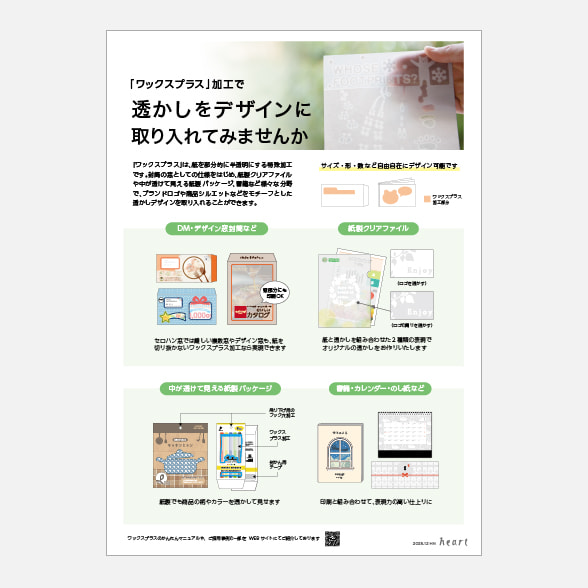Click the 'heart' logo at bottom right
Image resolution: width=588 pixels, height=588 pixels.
(451, 541)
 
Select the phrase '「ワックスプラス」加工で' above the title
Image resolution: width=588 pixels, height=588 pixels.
(187, 86)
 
